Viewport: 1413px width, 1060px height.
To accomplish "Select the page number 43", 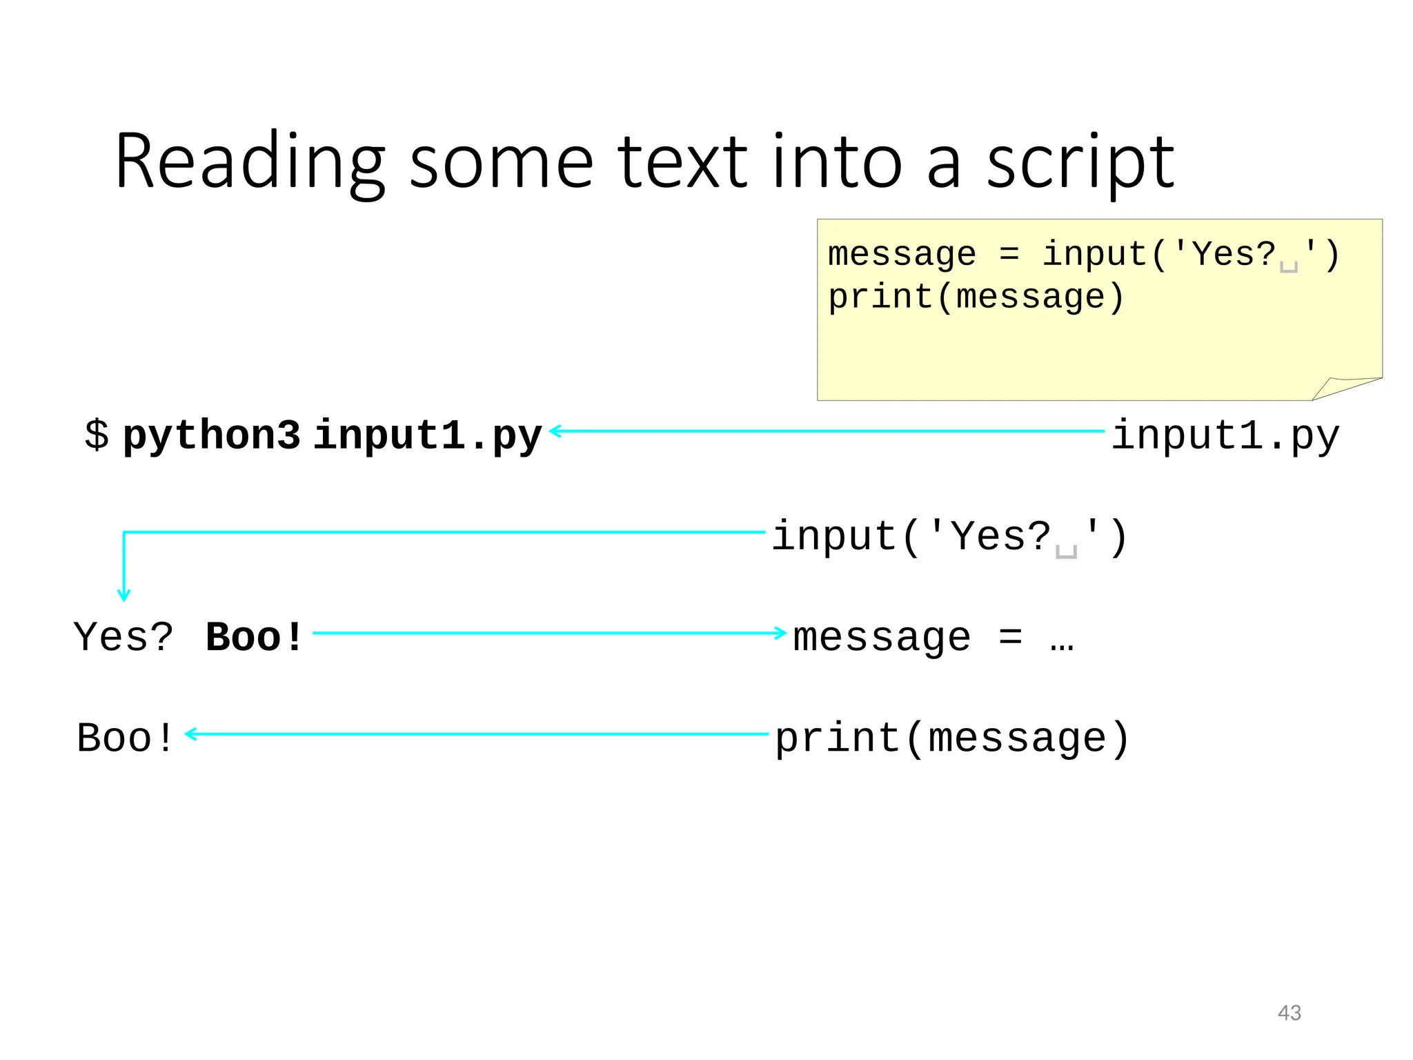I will point(1289,1012).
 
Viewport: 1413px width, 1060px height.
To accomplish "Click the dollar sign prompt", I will point(97,435).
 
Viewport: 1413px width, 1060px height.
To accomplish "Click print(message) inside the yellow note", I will point(976,297).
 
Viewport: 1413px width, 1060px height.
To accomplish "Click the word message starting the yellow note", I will point(901,254).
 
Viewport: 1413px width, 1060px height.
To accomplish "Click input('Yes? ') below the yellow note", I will point(949,537).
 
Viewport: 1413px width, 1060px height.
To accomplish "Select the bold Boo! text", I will point(254,636).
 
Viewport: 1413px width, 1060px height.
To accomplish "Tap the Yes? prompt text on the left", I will point(123,636).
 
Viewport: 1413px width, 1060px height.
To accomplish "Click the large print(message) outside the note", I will point(952,738).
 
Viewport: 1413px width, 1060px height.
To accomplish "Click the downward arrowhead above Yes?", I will point(123,596).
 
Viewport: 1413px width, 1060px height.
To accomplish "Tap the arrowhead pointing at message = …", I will point(781,632).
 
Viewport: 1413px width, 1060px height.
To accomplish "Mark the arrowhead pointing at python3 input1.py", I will point(555,431).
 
